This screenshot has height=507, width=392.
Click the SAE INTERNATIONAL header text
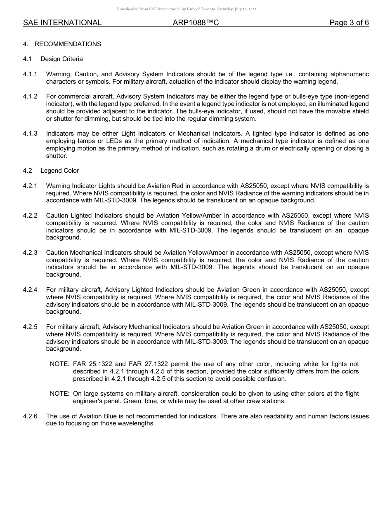point(62,23)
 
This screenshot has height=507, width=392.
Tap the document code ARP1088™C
point(196,23)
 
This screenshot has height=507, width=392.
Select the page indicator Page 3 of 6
point(349,23)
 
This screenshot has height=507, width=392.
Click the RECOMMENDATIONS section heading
point(68,44)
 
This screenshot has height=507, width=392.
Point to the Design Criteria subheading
point(61,59)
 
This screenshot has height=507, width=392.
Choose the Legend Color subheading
point(59,171)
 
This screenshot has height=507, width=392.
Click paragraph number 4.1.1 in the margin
point(30,74)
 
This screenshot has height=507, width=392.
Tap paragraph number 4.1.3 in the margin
point(30,134)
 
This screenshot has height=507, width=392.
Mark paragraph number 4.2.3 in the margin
point(30,252)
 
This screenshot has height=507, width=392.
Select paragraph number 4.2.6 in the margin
point(30,416)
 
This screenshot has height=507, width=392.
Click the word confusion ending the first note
point(271,379)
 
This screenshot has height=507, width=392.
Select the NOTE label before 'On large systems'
point(59,394)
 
